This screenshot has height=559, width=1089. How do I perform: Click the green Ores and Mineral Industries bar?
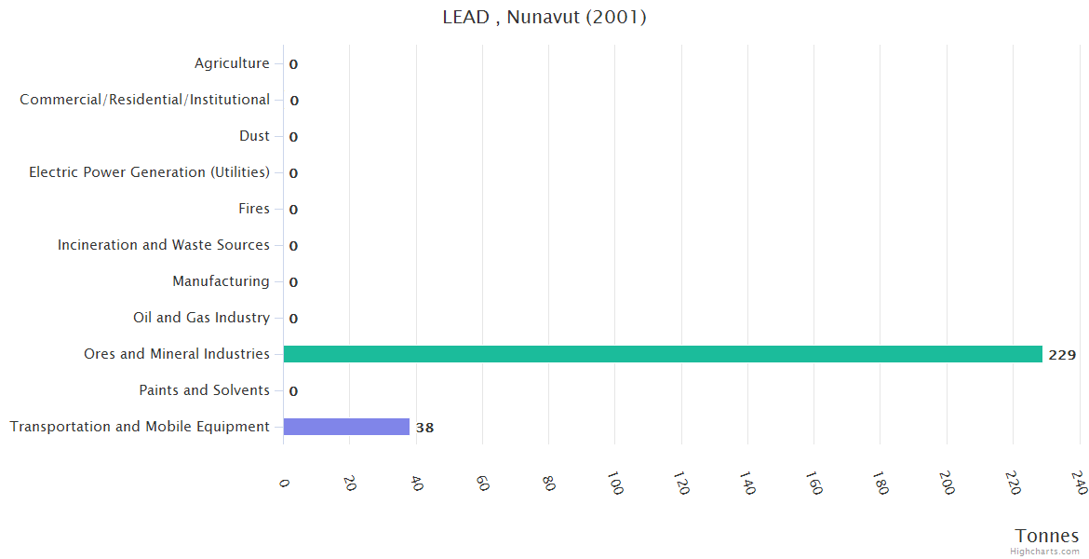click(x=662, y=354)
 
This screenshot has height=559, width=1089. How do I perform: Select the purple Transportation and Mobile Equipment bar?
click(x=346, y=427)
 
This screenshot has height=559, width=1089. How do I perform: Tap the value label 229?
click(x=1062, y=355)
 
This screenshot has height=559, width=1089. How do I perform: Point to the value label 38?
click(x=424, y=428)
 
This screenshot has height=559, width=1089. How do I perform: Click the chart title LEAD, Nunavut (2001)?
click(x=544, y=17)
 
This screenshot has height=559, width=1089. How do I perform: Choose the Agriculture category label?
click(x=232, y=63)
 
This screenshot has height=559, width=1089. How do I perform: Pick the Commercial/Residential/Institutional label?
click(x=145, y=100)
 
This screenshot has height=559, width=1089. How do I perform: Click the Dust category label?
click(x=254, y=136)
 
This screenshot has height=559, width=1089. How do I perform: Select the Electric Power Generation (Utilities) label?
click(x=149, y=172)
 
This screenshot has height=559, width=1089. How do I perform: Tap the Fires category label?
click(x=253, y=209)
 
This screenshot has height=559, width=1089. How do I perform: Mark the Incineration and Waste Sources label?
click(x=164, y=245)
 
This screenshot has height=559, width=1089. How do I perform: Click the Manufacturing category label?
click(x=221, y=281)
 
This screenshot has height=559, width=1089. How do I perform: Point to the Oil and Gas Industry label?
click(x=201, y=318)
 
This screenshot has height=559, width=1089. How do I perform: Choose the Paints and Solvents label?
click(x=204, y=390)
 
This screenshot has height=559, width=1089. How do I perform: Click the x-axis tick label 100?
click(x=614, y=483)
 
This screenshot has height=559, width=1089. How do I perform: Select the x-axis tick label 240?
click(x=1078, y=483)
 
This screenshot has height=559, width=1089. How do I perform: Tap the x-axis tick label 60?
click(x=482, y=483)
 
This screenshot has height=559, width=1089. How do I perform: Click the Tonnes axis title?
click(x=1047, y=536)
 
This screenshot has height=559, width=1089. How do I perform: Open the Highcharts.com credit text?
click(x=1045, y=552)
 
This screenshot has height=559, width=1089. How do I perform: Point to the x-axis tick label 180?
click(x=880, y=483)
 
